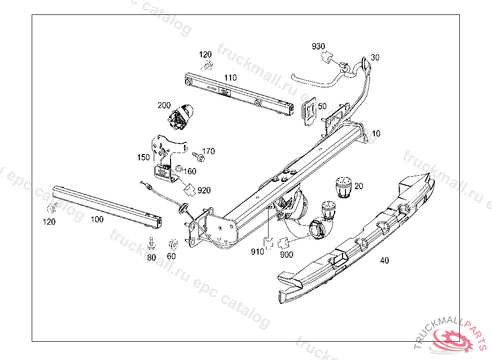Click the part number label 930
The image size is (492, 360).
(x=319, y=47)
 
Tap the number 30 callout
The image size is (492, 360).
(x=375, y=57)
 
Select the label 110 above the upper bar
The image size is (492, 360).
(x=230, y=77)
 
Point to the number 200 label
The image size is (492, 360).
(x=164, y=105)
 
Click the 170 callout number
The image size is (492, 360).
(x=209, y=151)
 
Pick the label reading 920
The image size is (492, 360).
(x=204, y=191)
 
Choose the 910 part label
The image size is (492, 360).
(x=257, y=252)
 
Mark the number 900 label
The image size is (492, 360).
(x=286, y=254)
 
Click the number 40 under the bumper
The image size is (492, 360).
(x=384, y=261)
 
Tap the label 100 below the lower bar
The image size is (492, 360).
(x=97, y=219)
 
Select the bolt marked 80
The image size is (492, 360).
(x=151, y=244)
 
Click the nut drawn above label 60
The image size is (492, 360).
(x=172, y=244)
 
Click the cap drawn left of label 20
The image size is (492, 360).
(x=343, y=187)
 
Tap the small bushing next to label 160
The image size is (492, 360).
(x=178, y=168)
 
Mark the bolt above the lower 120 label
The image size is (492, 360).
(x=50, y=209)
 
